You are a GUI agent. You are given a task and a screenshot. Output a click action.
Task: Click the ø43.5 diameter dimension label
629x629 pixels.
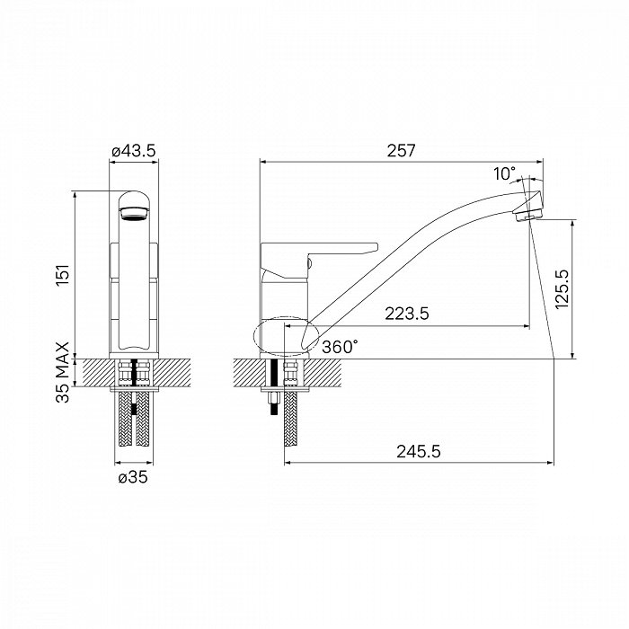(133, 151)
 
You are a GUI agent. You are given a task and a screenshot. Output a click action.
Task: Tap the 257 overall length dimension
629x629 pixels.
(401, 151)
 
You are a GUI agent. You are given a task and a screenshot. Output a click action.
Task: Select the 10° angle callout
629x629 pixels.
(504, 174)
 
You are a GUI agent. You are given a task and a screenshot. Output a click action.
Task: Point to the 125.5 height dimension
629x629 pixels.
(563, 288)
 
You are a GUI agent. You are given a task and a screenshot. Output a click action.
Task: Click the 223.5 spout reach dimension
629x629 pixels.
(407, 314)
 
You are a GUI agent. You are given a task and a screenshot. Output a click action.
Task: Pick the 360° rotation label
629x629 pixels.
(341, 347)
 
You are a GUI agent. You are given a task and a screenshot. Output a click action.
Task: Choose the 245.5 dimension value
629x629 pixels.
(419, 452)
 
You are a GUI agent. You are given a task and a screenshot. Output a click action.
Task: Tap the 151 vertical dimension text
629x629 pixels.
(64, 275)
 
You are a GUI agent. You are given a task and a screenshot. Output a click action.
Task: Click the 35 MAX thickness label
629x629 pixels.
(63, 372)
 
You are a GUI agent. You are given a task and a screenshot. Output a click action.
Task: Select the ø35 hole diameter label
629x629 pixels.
(133, 477)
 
